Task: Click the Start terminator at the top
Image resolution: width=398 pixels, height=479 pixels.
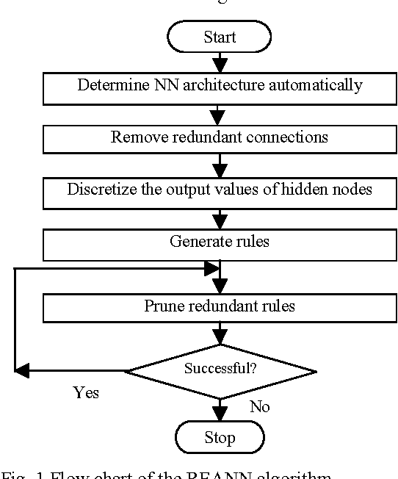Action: (x=220, y=36)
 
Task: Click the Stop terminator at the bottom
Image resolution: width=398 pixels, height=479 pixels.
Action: (x=220, y=439)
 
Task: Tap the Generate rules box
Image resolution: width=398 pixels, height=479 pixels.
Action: (x=220, y=243)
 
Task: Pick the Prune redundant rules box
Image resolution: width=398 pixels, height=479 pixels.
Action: (x=220, y=307)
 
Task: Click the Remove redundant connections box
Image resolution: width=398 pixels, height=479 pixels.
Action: (x=220, y=138)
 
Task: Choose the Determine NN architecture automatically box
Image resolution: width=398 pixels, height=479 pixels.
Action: (x=220, y=87)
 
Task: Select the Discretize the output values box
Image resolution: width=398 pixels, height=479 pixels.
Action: (x=220, y=191)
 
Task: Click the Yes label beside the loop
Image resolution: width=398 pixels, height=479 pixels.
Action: (x=86, y=392)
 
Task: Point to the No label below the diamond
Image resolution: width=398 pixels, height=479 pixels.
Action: (x=259, y=406)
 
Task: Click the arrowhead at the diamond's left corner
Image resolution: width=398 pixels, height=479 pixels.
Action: (x=23, y=371)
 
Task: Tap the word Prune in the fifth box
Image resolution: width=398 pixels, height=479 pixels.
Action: (x=161, y=306)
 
